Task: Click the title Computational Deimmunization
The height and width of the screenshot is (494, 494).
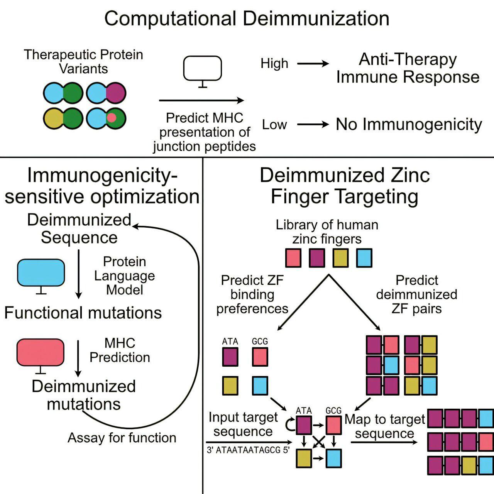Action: tap(247, 19)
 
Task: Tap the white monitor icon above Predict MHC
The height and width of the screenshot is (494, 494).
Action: tap(202, 69)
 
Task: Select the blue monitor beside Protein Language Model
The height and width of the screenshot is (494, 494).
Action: tap(41, 272)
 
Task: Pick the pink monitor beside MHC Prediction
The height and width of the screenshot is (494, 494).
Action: tap(41, 352)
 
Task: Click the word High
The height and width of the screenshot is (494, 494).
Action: tap(274, 63)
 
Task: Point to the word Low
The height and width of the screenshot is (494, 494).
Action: tap(274, 125)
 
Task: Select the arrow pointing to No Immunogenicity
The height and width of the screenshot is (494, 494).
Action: tap(313, 125)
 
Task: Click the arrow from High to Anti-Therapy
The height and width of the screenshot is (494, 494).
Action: tap(313, 64)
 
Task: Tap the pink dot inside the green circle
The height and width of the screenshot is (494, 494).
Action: tap(112, 118)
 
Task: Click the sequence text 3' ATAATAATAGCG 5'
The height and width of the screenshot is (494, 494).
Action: tap(248, 450)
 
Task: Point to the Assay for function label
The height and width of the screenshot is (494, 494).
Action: tap(122, 438)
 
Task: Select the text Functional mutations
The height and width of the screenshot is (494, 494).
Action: tap(83, 313)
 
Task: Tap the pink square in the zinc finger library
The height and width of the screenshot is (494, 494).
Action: tap(293, 258)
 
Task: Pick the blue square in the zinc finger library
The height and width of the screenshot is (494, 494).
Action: tap(364, 258)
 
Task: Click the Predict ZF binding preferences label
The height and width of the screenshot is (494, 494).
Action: tap(252, 294)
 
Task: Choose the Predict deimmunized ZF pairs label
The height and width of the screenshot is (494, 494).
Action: tap(417, 294)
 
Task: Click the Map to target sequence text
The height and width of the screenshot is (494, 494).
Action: tap(385, 426)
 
